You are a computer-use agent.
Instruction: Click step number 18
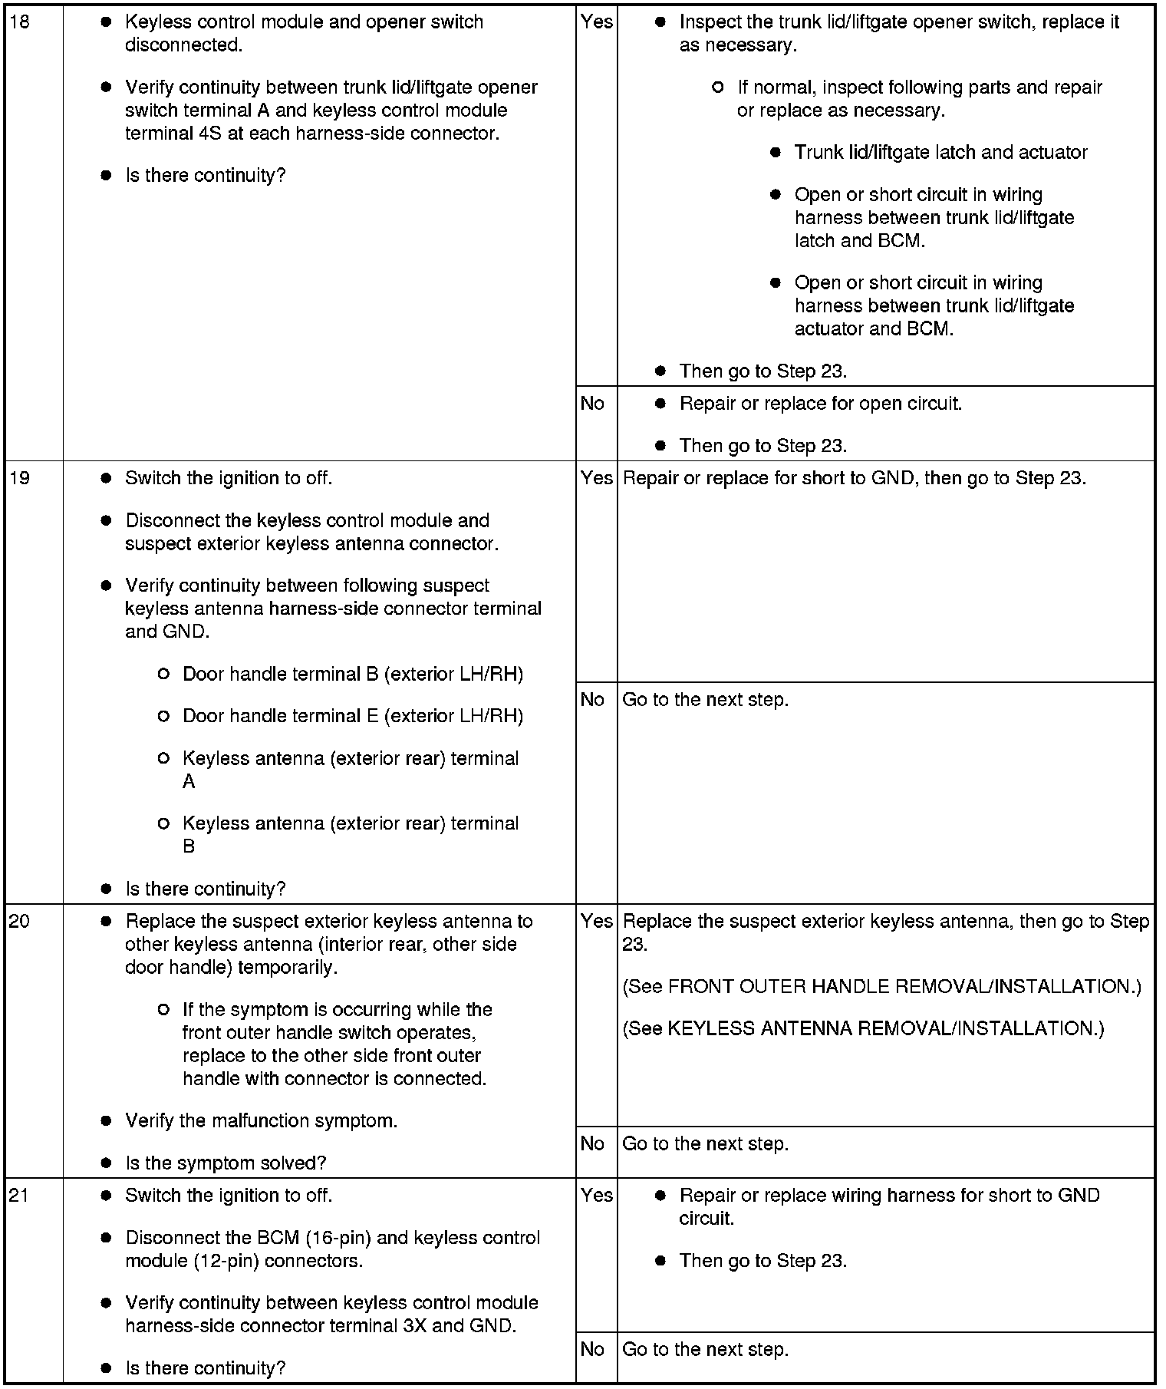(19, 21)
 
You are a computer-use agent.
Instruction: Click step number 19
(19, 478)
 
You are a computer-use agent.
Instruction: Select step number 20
(19, 921)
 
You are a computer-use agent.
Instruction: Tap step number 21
(19, 1195)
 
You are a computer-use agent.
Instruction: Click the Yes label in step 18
(596, 21)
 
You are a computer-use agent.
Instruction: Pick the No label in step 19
(592, 699)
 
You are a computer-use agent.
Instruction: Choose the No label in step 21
(592, 1349)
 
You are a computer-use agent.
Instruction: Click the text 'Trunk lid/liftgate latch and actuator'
(940, 152)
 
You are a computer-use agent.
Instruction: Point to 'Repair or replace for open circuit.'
(820, 403)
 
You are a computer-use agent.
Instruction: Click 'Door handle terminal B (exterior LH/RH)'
(353, 674)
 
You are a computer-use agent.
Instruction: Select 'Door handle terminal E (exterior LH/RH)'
(353, 716)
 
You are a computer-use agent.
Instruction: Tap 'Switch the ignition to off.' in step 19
(229, 478)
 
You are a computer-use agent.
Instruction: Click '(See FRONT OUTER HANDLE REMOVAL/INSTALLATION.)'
(881, 986)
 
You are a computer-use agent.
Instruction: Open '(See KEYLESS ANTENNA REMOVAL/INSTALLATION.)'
(863, 1028)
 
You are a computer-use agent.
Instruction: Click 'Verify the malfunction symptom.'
(261, 1120)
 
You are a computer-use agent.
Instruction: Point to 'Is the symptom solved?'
(226, 1163)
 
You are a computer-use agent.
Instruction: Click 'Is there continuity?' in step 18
(205, 175)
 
